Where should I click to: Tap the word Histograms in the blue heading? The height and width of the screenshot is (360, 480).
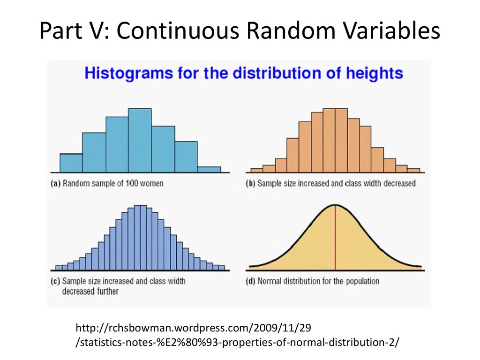[x=122, y=74]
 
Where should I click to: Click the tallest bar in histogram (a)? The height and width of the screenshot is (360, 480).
[x=140, y=140]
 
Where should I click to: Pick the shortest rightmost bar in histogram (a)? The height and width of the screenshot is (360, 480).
[x=209, y=170]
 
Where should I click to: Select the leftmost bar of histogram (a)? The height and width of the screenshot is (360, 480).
[x=71, y=163]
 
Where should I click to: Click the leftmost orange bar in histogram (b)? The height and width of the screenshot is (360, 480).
[x=256, y=170]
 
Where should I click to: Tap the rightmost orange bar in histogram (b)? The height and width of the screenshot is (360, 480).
[x=413, y=170]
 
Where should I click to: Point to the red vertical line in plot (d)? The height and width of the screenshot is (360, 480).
[x=335, y=239]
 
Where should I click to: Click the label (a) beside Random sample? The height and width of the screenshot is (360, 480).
[x=55, y=184]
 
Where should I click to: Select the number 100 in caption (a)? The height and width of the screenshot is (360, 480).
[x=132, y=184]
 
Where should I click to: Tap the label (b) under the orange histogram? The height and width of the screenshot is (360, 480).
[x=250, y=184]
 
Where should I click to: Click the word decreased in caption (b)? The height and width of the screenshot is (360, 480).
[x=399, y=184]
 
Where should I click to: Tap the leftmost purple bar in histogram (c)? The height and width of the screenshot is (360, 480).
[x=59, y=268]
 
